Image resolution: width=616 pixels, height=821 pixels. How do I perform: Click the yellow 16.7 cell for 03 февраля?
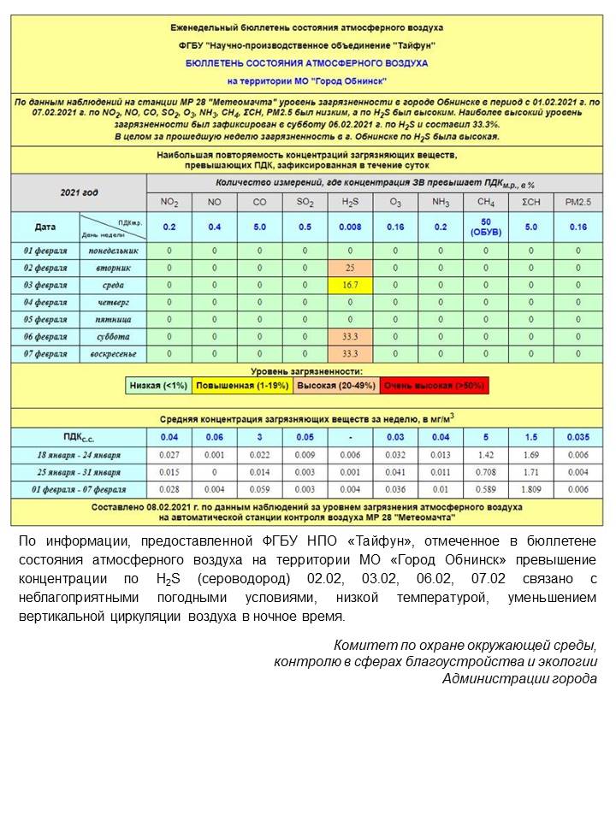[x=349, y=285]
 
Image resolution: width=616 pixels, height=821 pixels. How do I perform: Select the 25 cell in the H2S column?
[x=349, y=268]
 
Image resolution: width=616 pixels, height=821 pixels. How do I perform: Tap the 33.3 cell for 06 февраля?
[x=349, y=336]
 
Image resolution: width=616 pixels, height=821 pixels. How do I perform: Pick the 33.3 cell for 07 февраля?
[x=349, y=353]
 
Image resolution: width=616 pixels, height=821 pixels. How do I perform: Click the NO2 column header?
[x=169, y=202]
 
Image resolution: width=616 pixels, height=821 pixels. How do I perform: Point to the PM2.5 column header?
[x=578, y=202]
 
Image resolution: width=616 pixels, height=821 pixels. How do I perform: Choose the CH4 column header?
[x=486, y=202]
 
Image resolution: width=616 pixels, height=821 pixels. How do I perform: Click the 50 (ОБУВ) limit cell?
[x=486, y=227]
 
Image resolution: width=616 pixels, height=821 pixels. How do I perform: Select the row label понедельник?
[x=113, y=251]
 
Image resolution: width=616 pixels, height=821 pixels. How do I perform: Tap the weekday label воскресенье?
[x=113, y=353]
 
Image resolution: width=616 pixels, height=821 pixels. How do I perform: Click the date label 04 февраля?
[x=45, y=302]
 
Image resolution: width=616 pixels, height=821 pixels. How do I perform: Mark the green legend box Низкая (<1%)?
[x=158, y=386]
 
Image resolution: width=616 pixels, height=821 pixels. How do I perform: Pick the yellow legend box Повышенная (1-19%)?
[x=241, y=386]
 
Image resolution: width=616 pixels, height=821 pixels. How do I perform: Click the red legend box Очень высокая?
[x=434, y=386]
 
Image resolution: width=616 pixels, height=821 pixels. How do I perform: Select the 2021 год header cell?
[x=79, y=193]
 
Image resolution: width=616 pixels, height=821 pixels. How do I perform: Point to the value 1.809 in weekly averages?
[x=530, y=489]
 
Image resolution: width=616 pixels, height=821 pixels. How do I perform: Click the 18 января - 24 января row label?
[x=79, y=455]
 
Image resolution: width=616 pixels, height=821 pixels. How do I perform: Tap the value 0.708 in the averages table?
[x=486, y=472]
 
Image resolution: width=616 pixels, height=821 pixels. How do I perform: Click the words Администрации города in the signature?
[x=519, y=678]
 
